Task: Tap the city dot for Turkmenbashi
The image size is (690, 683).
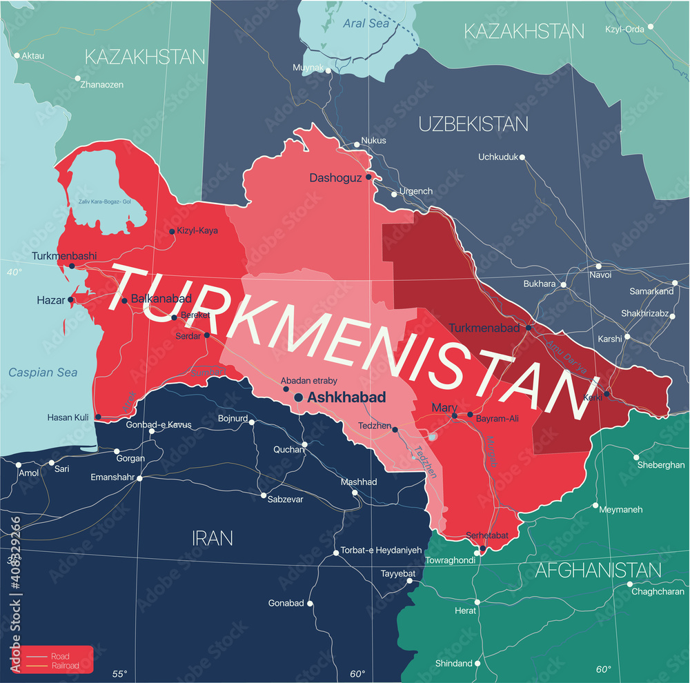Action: click(72, 266)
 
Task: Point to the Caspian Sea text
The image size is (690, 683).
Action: click(43, 373)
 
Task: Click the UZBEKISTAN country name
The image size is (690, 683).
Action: click(473, 124)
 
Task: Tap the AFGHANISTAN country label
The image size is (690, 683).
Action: click(598, 571)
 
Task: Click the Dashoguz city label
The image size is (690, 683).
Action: click(335, 178)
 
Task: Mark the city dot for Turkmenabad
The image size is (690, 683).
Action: click(529, 328)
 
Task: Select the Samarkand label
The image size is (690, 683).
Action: click(651, 291)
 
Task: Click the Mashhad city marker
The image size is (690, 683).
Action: click(355, 493)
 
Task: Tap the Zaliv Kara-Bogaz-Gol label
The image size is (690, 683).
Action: click(104, 201)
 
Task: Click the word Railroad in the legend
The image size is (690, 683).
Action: click(65, 666)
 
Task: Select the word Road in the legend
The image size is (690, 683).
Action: click(60, 656)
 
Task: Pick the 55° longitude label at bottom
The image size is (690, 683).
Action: click(120, 673)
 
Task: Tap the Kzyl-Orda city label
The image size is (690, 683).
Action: click(625, 29)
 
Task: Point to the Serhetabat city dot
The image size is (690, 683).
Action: click(482, 548)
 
